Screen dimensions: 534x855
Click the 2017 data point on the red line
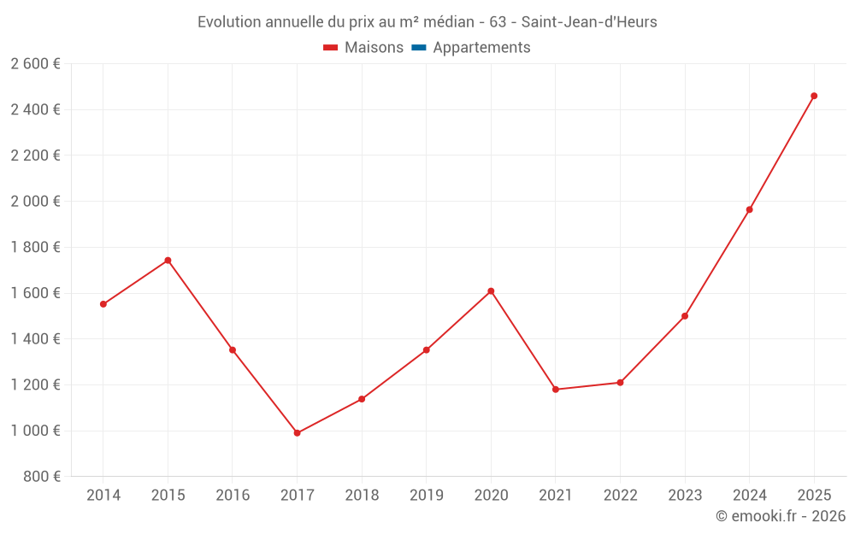pos(297,433)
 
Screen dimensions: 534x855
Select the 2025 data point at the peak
pos(814,96)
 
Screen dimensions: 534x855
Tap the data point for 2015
pos(168,261)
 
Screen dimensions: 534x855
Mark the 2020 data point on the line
pos(491,291)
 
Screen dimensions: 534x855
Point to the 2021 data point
pos(556,390)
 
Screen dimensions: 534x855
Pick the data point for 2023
pos(685,316)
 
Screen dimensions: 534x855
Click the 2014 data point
pos(103,304)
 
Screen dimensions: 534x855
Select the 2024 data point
pos(750,209)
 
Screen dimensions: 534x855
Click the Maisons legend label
pos(374,48)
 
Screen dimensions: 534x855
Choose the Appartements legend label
pos(481,48)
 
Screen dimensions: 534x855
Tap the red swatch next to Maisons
pos(331,48)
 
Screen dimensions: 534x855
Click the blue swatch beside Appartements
pos(419,48)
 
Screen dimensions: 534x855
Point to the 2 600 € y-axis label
pos(35,63)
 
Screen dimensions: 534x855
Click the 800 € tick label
pos(43,477)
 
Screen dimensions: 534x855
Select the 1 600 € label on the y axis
pos(35,293)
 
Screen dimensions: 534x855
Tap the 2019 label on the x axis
pos(426,496)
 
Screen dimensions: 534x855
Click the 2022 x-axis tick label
pos(620,496)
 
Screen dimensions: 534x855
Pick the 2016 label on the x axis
pos(233,496)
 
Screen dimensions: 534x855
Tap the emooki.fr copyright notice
pos(780,516)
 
